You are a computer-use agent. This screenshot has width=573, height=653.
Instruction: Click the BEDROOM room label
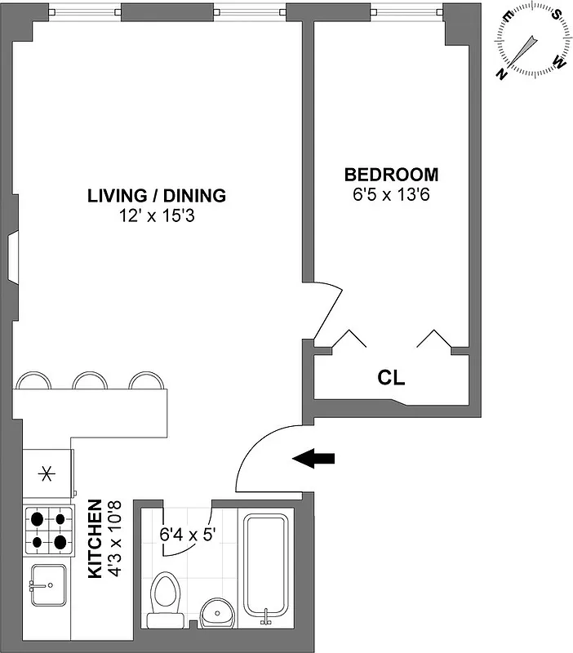click(x=391, y=175)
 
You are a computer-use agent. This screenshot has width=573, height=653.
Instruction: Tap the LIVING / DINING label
click(x=157, y=196)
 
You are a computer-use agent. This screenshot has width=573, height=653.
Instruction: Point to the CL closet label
click(x=391, y=379)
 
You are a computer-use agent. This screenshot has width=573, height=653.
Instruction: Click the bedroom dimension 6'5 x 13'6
click(x=391, y=196)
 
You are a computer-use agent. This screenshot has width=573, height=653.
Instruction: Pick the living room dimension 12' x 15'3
click(x=157, y=217)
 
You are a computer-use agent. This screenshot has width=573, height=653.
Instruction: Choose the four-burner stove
click(x=47, y=529)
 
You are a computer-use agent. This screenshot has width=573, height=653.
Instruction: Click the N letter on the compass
click(x=501, y=75)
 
